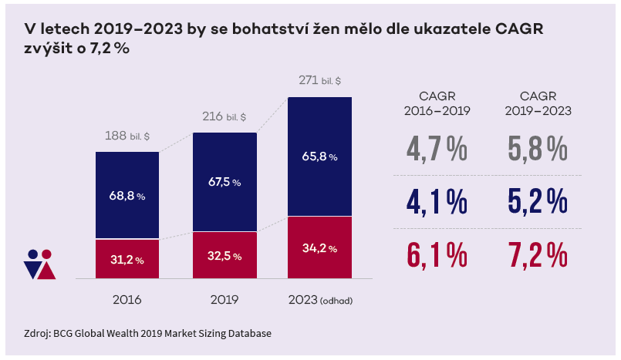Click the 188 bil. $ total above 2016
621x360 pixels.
127,136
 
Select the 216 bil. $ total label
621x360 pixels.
224,117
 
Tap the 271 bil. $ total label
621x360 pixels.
319,80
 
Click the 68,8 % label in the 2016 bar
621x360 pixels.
127,196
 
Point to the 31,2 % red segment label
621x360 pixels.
127,260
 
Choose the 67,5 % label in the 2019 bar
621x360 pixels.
224,183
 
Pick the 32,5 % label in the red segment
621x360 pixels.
224,255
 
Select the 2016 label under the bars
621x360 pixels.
127,299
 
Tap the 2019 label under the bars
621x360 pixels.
224,299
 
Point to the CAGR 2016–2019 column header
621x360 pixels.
437,103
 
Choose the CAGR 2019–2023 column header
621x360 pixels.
538,103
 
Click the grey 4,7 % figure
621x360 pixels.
437,149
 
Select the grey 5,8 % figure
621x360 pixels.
538,149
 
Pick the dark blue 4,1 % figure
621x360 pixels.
437,201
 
